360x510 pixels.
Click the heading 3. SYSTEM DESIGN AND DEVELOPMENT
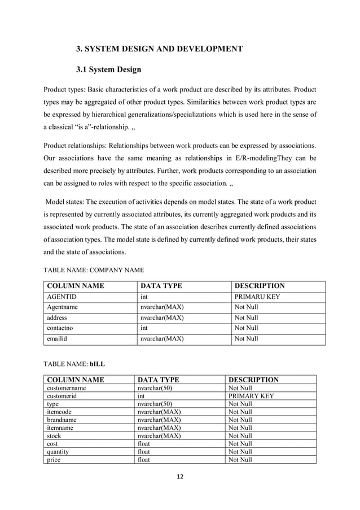159,49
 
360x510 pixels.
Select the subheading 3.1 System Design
108,70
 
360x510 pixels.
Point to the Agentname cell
62,307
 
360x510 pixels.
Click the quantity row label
59,452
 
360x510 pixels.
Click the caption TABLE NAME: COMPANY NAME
94,270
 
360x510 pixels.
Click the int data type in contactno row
144,328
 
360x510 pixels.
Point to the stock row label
54,436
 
